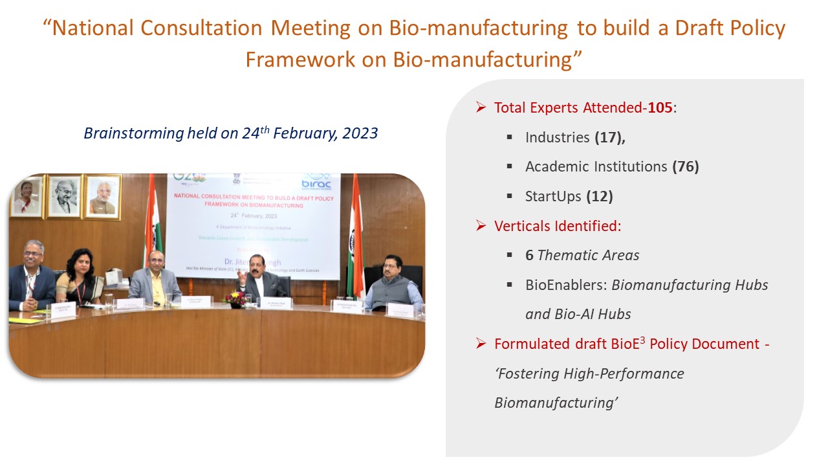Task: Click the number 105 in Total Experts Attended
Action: point(660,107)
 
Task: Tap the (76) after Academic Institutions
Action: point(686,166)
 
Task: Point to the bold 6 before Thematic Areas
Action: point(529,255)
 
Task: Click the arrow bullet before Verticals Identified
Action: point(481,226)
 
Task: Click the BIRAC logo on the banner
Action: point(316,182)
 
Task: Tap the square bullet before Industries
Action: point(510,137)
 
